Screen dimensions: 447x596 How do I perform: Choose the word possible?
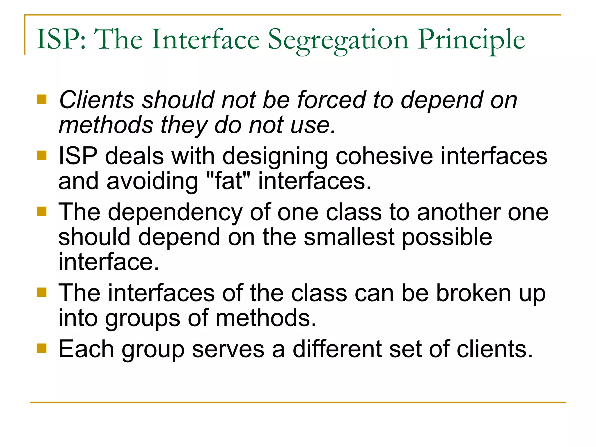tap(447, 237)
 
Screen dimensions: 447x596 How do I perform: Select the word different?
tap(337, 349)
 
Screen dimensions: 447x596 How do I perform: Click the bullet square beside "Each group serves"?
tap(42, 348)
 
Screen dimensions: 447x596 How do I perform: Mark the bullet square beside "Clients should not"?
tap(42, 99)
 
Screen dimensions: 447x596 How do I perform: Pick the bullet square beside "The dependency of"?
tap(42, 212)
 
